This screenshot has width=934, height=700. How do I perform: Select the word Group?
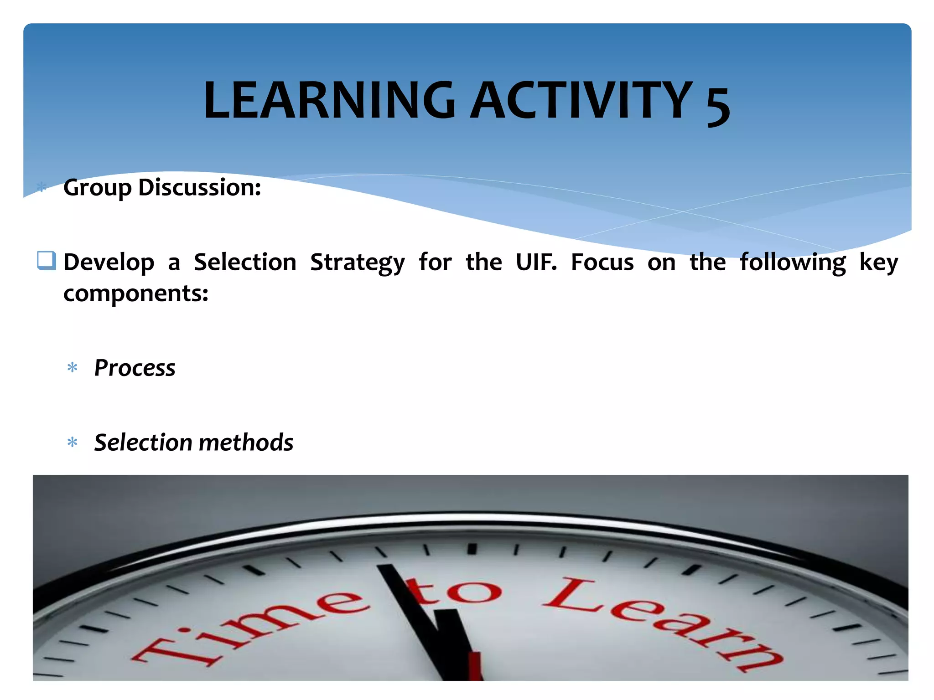click(97, 188)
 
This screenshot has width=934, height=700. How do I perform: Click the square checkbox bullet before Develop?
click(46, 261)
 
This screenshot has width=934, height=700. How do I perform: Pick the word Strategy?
click(357, 263)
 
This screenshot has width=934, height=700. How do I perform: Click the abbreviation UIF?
click(536, 262)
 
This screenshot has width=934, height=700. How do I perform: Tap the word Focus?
click(602, 262)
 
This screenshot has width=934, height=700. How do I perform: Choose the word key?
click(878, 263)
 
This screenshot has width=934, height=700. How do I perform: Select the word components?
click(135, 293)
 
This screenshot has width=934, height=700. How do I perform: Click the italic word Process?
click(135, 368)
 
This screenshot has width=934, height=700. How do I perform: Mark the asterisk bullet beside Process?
click(73, 367)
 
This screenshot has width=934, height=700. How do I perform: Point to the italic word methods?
click(246, 443)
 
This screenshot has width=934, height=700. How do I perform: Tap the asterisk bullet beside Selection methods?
click(73, 442)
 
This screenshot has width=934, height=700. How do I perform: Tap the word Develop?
click(109, 262)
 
